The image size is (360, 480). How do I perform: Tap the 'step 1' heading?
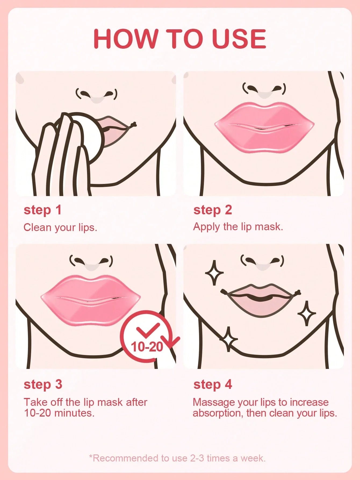coord(42,210)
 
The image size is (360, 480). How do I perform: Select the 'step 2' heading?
coord(212,210)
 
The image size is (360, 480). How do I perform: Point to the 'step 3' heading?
coord(43,384)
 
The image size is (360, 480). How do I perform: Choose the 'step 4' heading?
coord(212,384)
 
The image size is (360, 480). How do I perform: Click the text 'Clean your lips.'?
coord(60,227)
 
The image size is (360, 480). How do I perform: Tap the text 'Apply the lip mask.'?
coord(238,227)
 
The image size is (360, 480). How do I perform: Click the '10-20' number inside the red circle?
coord(147,346)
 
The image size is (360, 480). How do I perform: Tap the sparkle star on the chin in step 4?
coord(229,339)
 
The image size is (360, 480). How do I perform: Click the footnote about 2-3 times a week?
coord(177,458)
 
